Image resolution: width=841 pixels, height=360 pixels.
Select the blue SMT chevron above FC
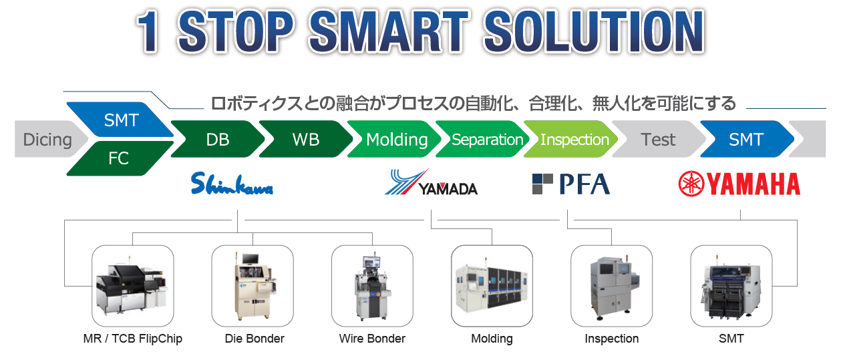[121, 120]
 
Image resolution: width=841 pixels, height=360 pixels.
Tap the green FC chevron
[120, 158]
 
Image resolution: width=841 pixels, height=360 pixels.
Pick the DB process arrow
[218, 140]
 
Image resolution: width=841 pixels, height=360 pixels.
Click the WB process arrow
[306, 140]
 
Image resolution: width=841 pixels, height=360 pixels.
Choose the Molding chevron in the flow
[395, 140]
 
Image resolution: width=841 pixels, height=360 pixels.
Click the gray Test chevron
[659, 140]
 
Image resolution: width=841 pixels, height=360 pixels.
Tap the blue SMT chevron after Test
[747, 140]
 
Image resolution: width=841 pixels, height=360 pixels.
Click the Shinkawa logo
[232, 183]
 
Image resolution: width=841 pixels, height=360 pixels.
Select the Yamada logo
[431, 182]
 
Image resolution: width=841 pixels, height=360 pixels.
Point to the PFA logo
[571, 184]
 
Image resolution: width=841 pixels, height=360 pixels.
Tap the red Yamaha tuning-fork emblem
[691, 184]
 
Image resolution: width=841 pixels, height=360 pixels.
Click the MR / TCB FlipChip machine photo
[132, 286]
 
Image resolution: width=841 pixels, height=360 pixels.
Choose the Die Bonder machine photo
[253, 286]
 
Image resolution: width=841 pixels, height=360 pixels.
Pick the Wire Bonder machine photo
[372, 286]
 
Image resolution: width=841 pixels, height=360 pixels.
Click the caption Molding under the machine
[492, 339]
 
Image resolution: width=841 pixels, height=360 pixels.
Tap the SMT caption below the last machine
[731, 339]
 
